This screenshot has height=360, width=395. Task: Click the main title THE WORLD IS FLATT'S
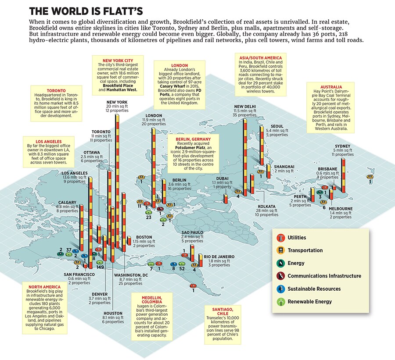point(90,10)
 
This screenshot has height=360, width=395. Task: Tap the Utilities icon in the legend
point(279,238)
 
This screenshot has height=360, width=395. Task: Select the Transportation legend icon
point(279,250)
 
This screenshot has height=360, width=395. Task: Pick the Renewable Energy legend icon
point(279,302)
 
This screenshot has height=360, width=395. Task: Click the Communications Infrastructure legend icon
point(279,276)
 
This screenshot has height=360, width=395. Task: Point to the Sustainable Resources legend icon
point(279,289)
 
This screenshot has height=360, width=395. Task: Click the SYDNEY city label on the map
point(343,146)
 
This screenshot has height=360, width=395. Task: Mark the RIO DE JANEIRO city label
point(219,257)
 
